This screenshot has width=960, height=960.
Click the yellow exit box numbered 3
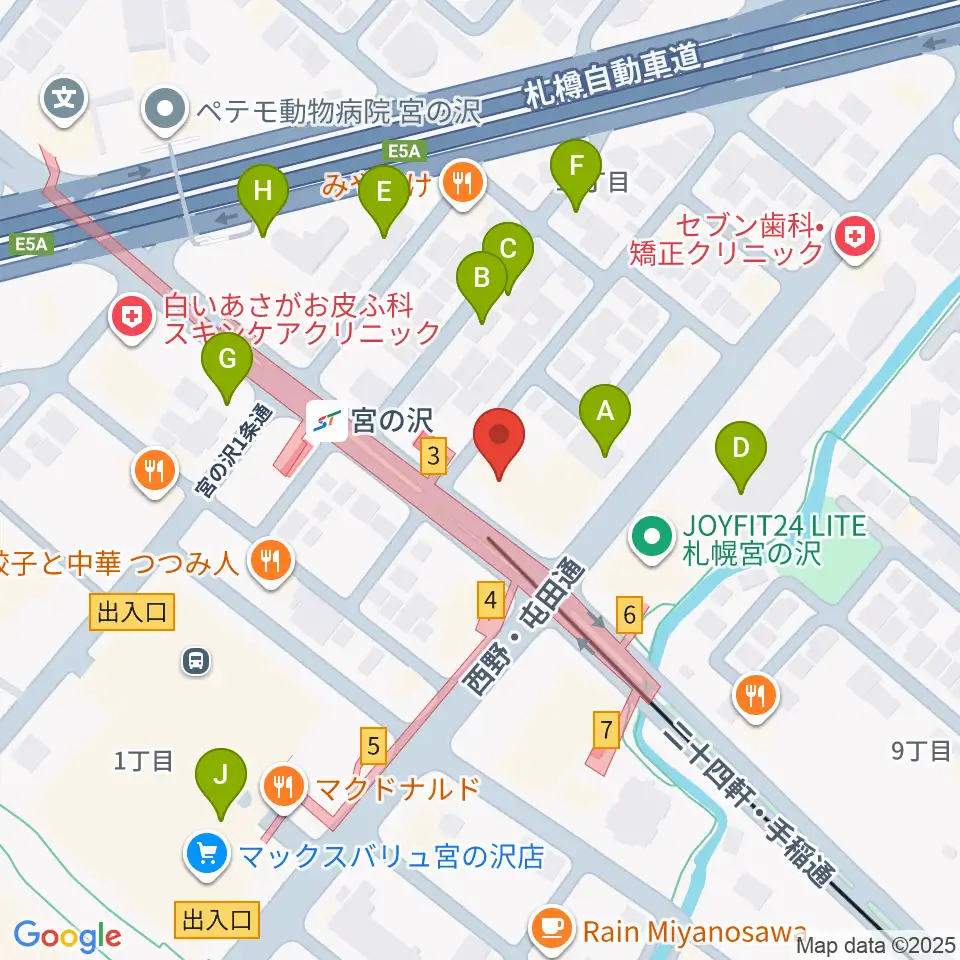432,458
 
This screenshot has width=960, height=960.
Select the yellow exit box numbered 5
373,745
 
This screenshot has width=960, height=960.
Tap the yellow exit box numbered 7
607,729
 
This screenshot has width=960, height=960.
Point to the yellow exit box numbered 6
628,616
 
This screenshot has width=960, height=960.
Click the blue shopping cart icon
207,855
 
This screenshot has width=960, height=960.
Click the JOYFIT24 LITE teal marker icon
651,538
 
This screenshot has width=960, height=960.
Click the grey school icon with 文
64,98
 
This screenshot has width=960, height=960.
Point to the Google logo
67,936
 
